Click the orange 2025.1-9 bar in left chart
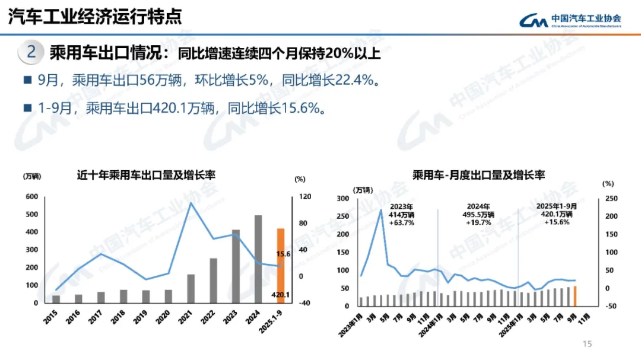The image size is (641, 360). click(281, 265)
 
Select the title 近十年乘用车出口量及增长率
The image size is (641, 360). click(146, 175)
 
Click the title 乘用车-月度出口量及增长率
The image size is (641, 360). click(478, 175)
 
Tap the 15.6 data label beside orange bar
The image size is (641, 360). click(283, 254)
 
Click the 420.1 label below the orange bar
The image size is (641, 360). click(280, 294)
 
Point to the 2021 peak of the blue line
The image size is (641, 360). click(191, 203)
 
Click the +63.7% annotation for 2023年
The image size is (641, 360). click(402, 222)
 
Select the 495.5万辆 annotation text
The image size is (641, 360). click(478, 214)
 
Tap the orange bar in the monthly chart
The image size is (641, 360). click(575, 297)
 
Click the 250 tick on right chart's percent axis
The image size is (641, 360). click(611, 199)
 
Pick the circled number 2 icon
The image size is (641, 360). click(31, 52)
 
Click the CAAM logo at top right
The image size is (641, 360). click(570, 20)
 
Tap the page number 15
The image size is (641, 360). click(588, 345)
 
